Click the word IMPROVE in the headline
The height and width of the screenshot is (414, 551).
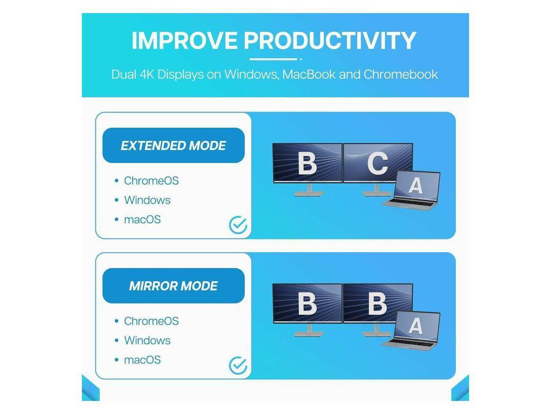pyautogui.click(x=184, y=41)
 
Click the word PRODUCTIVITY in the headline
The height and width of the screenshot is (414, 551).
pyautogui.click(x=330, y=41)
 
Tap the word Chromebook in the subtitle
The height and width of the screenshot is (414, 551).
pyautogui.click(x=401, y=74)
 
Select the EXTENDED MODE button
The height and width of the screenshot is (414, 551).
pyautogui.click(x=173, y=146)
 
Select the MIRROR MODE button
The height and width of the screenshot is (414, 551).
pyautogui.click(x=173, y=286)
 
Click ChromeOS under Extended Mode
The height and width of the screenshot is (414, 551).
pyautogui.click(x=151, y=181)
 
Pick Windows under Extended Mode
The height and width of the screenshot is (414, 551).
pyautogui.click(x=147, y=200)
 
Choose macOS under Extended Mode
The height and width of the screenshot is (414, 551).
pyautogui.click(x=142, y=220)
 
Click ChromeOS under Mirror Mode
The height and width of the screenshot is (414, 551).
pyautogui.click(x=151, y=321)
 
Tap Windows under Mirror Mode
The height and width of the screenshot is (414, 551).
pyautogui.click(x=147, y=341)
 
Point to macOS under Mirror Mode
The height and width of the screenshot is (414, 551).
pyautogui.click(x=142, y=360)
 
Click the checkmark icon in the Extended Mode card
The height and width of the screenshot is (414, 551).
pyautogui.click(x=238, y=225)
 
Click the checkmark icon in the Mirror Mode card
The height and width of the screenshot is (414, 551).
pyautogui.click(x=238, y=366)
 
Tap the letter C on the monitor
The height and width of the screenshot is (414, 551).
pyautogui.click(x=378, y=163)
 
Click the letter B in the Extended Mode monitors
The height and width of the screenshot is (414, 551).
pyautogui.click(x=307, y=163)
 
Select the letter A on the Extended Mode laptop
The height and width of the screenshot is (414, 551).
pyautogui.click(x=415, y=186)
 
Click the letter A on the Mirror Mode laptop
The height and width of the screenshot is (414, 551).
pyautogui.click(x=415, y=326)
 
